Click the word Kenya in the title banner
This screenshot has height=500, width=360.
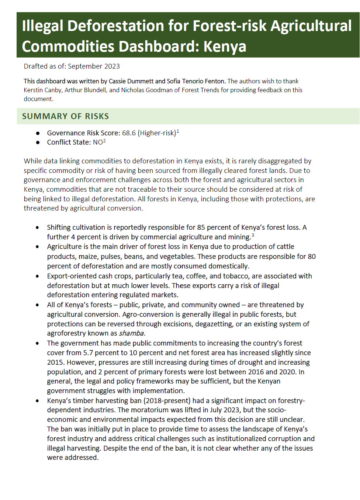click(x=225, y=47)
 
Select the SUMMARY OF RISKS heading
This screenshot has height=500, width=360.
click(x=66, y=117)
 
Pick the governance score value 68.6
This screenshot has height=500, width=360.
click(x=129, y=133)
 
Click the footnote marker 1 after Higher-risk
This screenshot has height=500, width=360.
click(x=177, y=131)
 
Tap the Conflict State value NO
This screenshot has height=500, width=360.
click(x=98, y=143)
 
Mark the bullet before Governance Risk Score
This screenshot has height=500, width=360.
click(x=38, y=133)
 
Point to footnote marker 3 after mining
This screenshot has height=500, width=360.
click(x=253, y=235)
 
